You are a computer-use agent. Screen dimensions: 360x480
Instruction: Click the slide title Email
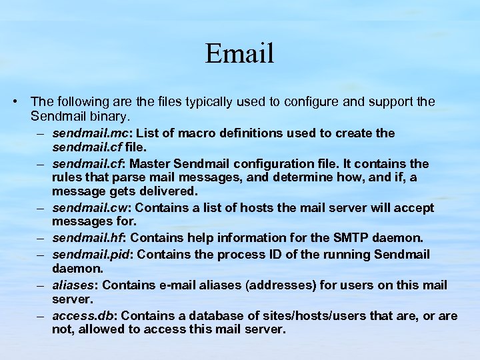tap(239, 53)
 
